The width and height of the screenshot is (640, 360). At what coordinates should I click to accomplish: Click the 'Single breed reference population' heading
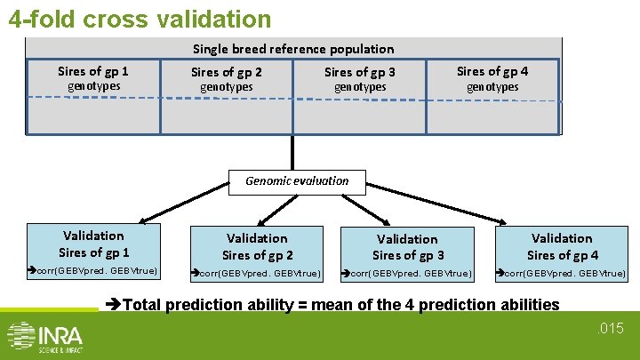pos(293,49)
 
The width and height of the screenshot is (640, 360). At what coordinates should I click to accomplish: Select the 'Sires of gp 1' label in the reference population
pos(93,71)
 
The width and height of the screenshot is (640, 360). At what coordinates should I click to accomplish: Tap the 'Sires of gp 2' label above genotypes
pos(227,72)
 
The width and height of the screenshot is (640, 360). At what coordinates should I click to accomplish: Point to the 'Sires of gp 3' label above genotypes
pos(360,72)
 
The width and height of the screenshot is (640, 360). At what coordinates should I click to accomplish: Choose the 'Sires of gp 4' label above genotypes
pos(492,71)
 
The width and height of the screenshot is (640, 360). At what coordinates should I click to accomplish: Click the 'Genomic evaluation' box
pos(297,180)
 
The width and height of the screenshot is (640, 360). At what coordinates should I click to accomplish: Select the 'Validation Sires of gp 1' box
pos(93,244)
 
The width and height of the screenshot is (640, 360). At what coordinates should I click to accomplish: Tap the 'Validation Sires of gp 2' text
pos(257,246)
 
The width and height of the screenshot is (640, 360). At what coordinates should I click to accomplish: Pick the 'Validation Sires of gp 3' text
pos(407,247)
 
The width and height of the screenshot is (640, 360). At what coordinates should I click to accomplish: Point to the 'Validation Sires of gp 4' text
pos(562,246)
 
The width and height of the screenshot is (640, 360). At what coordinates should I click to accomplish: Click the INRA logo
pos(44,337)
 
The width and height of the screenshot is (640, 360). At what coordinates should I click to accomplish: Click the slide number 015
pos(612,330)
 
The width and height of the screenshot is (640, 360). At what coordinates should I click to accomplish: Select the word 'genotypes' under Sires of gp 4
pos(492,87)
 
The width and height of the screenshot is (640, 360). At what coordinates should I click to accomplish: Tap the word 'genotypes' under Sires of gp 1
pos(93,86)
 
